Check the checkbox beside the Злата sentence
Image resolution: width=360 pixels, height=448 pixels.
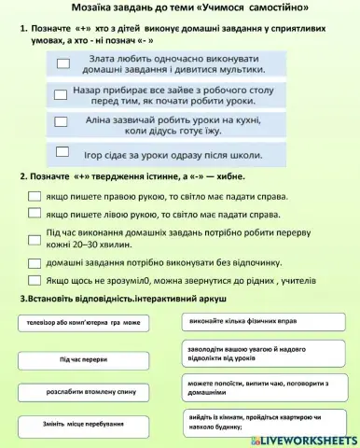(63, 63)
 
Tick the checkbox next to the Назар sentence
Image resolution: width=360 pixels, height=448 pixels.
(62, 93)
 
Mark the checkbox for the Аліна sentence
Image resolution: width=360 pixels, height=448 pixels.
(62, 121)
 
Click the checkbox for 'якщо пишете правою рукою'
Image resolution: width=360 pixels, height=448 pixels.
(35, 197)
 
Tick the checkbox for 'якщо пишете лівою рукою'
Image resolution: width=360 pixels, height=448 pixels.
(35, 214)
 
